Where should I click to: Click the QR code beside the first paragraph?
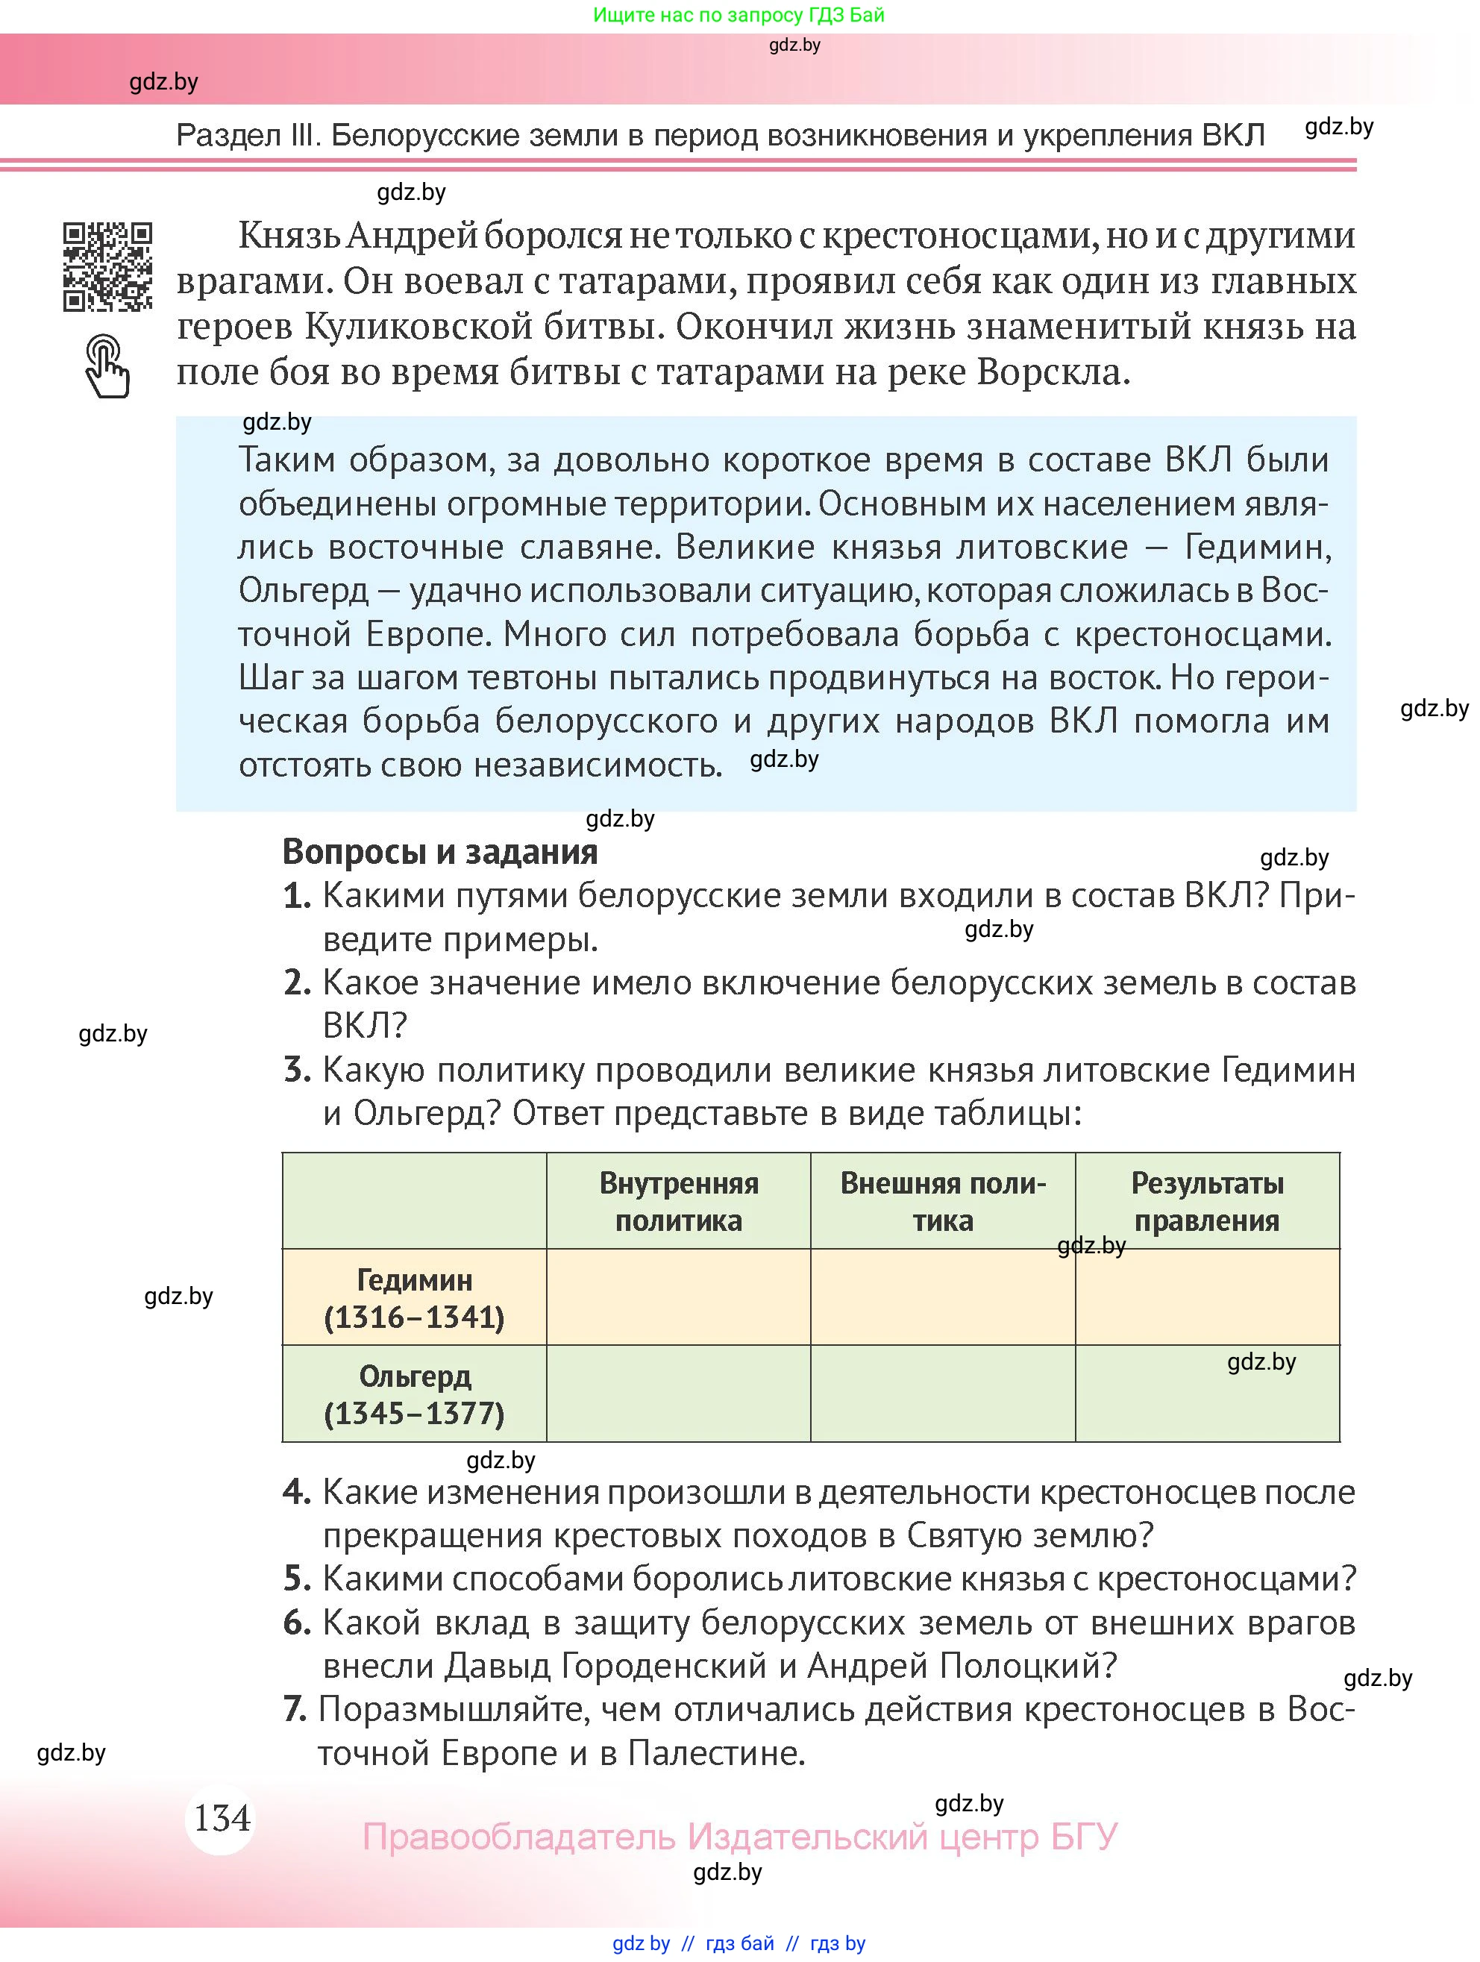coord(107,267)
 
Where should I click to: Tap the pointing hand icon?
coord(107,366)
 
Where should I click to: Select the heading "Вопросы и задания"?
coord(440,851)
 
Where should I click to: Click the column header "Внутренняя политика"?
coord(678,1202)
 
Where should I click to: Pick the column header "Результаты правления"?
coord(1207,1202)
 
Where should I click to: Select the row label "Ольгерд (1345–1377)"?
coord(414,1394)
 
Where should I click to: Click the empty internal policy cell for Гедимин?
coord(678,1297)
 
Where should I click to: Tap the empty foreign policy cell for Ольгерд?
coord(943,1394)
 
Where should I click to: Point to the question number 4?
coord(296,1492)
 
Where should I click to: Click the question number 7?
coord(295,1709)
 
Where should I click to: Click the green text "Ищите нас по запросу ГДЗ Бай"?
coord(739,15)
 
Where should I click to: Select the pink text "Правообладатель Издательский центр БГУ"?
coord(739,1836)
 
